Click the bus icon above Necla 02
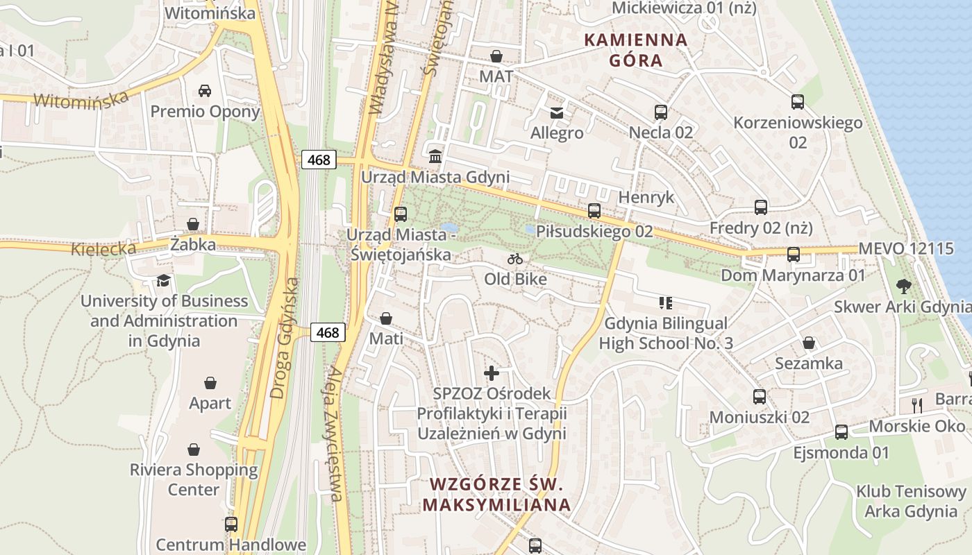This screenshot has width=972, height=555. coord(660,112)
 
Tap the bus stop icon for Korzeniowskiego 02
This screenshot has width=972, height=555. coord(798,102)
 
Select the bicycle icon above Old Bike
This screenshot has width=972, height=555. coord(515,259)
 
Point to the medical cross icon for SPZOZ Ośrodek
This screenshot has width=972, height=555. coord(492,373)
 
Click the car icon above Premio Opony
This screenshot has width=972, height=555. coord(205,91)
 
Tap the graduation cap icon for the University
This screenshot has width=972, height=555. coord(163,280)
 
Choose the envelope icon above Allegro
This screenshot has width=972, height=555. coord(557,112)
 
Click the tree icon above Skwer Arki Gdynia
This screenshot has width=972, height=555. coord(903,286)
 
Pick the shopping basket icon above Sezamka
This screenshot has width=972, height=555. coord(809,343)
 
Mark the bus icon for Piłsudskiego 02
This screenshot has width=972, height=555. coord(594,211)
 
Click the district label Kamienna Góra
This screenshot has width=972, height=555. coord(636,50)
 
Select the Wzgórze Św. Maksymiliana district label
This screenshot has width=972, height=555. coord(496,494)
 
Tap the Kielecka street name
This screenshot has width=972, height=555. coord(103,248)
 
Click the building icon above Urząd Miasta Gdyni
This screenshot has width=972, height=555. coord(435,156)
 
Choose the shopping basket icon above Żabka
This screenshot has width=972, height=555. coord(193,224)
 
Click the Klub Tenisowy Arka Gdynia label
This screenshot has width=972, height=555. coord(910,502)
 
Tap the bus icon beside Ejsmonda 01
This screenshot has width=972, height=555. coord(841,432)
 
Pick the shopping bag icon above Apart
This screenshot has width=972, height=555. coord(210,383)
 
